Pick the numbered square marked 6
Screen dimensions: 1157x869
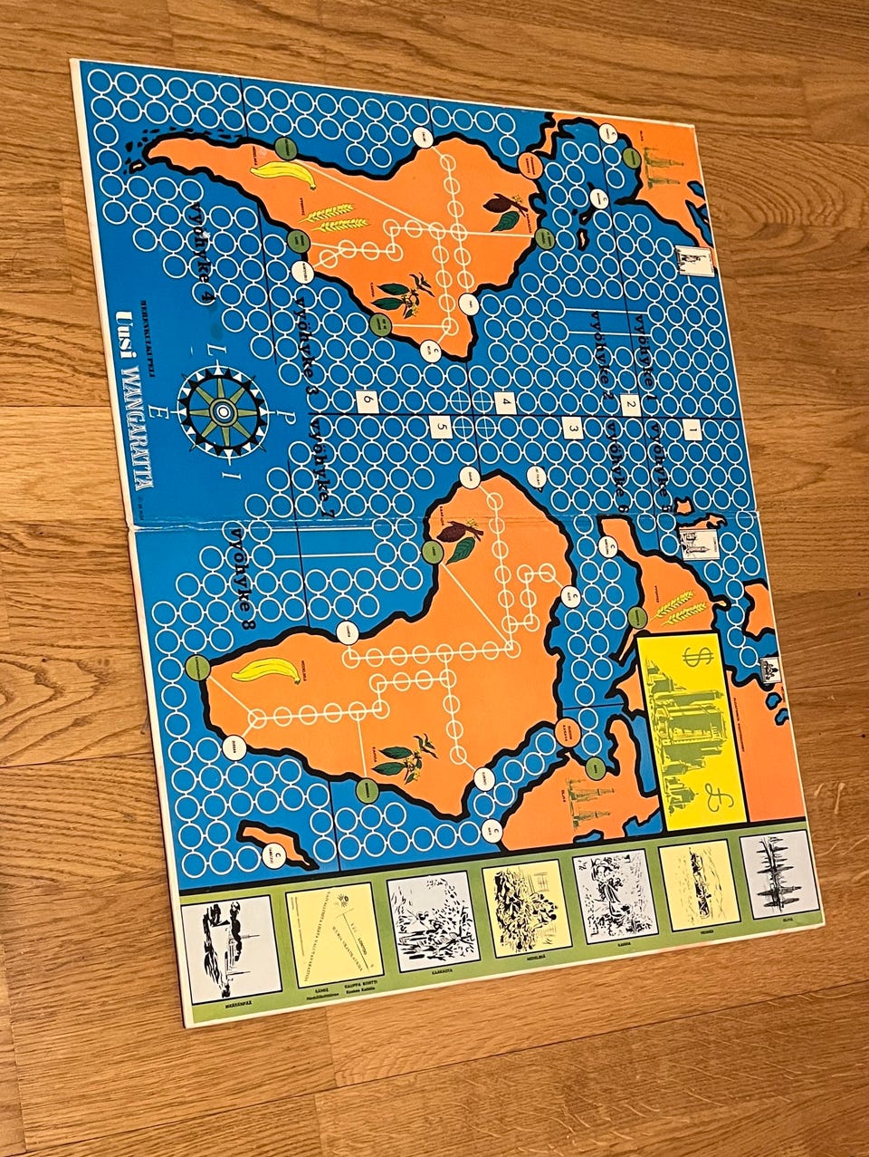pos(368,399)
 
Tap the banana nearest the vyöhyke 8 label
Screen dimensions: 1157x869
pos(267,670)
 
